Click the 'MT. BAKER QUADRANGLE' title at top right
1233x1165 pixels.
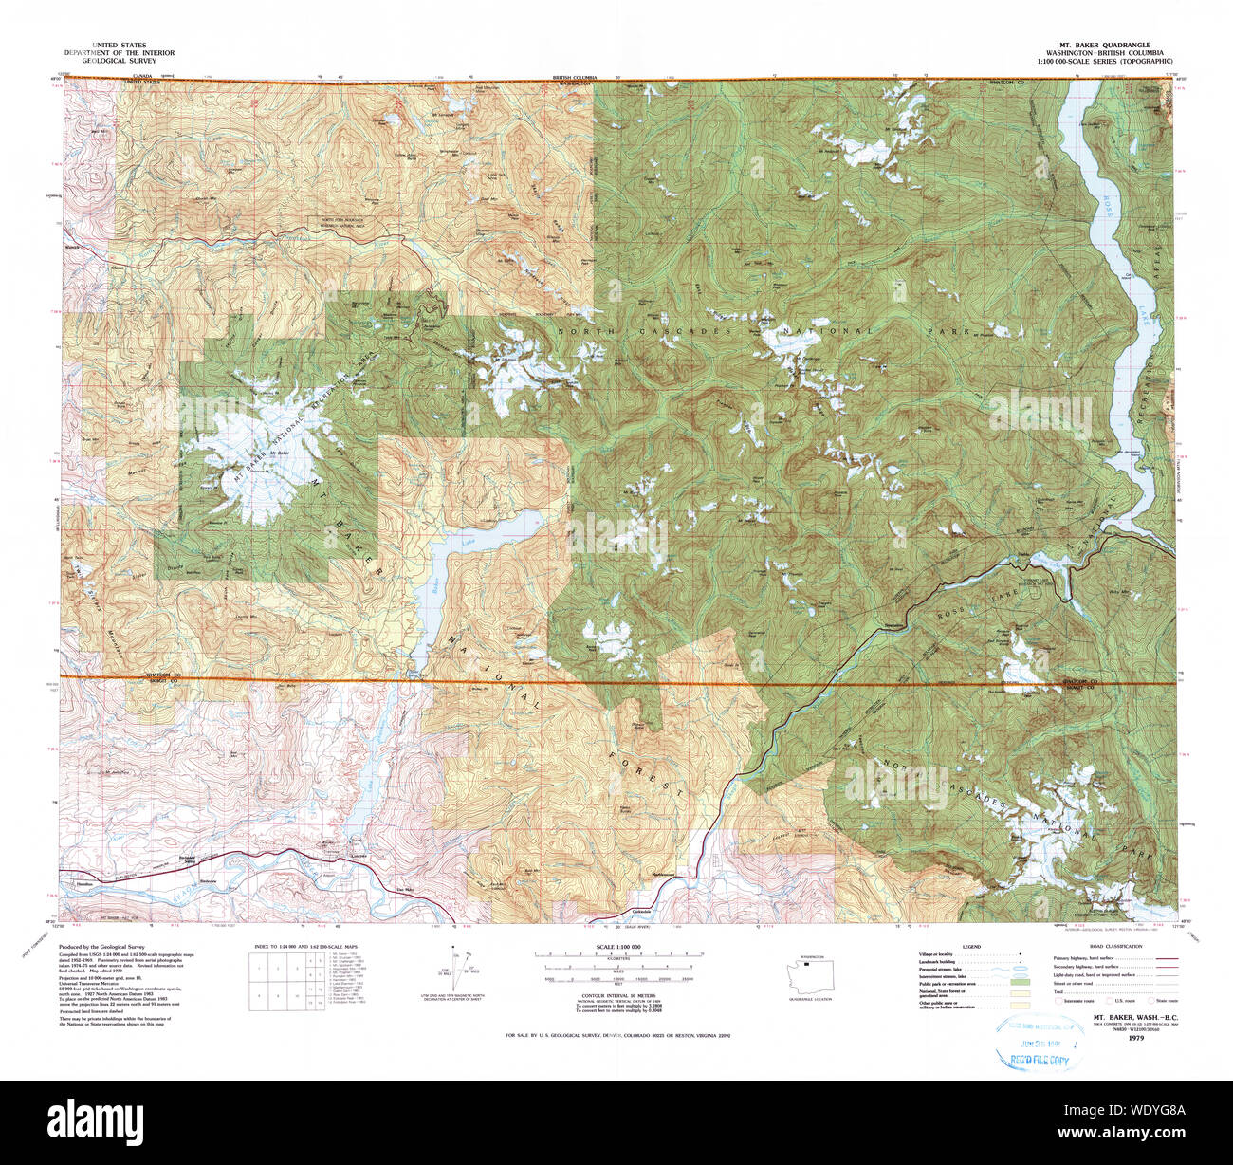[x=1104, y=45]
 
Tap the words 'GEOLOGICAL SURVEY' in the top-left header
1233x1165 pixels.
[x=119, y=59]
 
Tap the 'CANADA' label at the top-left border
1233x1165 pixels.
[x=142, y=75]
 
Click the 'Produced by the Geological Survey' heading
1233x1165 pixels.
[x=101, y=948]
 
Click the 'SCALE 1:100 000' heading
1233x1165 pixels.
[x=616, y=948]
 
